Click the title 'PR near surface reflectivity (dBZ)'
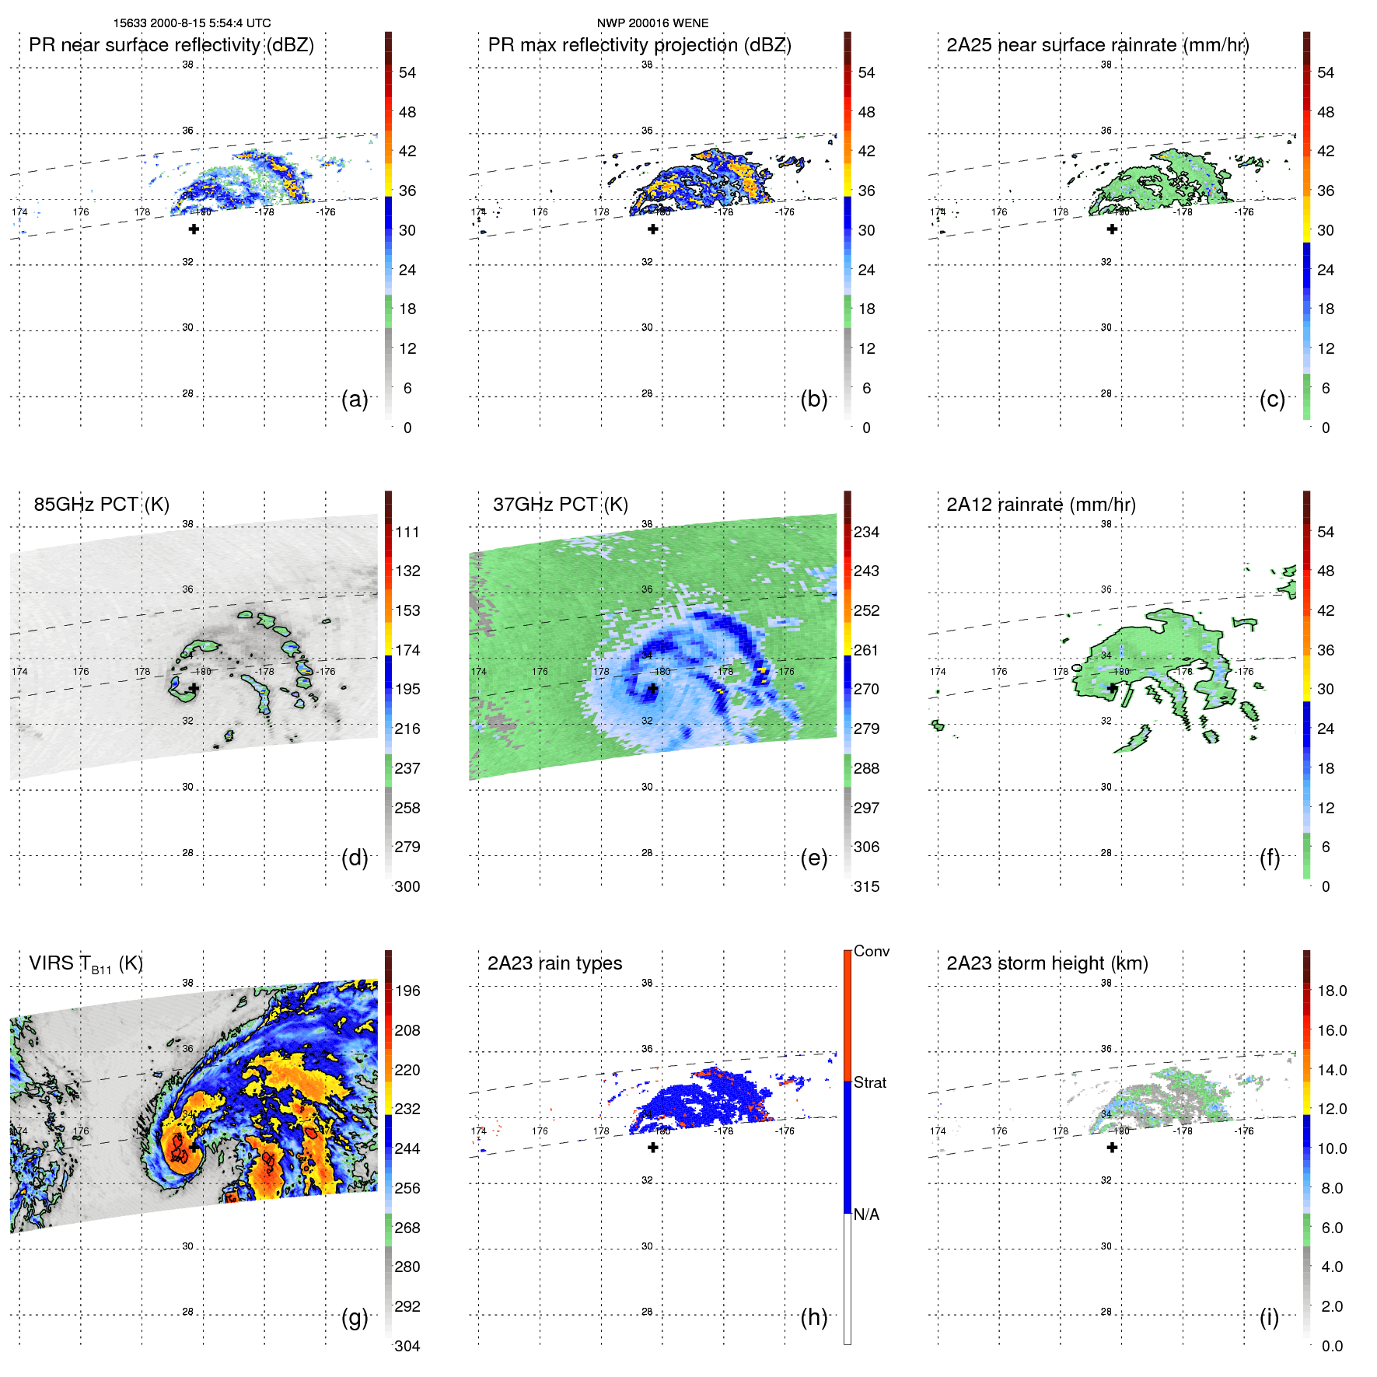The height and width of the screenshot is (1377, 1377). click(x=171, y=45)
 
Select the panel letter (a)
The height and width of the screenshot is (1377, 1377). click(x=355, y=399)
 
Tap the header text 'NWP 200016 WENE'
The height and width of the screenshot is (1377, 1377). click(x=652, y=23)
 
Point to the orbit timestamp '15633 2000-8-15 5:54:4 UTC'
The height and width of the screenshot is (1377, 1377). click(x=192, y=23)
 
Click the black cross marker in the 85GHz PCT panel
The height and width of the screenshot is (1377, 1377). click(x=194, y=688)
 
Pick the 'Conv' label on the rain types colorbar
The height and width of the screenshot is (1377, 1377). click(x=872, y=952)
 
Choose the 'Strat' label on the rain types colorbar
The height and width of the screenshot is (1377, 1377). click(x=870, y=1083)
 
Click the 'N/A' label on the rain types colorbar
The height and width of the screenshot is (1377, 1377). click(x=866, y=1214)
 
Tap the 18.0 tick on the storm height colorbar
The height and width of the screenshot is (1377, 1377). click(x=1332, y=991)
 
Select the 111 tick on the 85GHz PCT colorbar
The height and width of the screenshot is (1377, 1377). click(x=407, y=533)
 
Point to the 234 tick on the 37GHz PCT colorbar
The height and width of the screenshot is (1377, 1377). click(x=866, y=533)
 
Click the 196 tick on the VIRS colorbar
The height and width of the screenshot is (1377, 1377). click(x=407, y=991)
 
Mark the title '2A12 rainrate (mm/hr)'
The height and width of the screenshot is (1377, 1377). click(x=1041, y=505)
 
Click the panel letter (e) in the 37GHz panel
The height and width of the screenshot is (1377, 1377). click(x=814, y=858)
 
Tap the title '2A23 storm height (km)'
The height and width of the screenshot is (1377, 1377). click(x=1047, y=963)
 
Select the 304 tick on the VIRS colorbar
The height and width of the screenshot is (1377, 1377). click(x=407, y=1346)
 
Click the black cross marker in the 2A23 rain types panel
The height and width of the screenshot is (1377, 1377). click(x=653, y=1148)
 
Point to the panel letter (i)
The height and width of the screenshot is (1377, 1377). click(x=1269, y=1317)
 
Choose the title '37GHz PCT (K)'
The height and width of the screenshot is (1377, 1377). click(x=560, y=505)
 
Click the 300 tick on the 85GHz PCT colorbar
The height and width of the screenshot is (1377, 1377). click(x=407, y=886)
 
